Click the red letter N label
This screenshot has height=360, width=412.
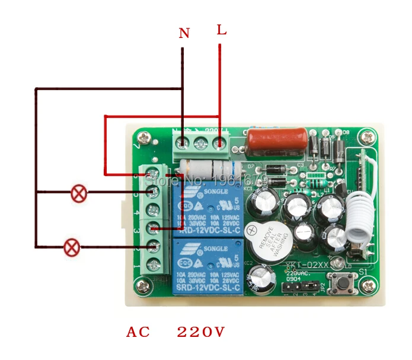(184, 34)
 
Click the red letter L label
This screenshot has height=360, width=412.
(221, 30)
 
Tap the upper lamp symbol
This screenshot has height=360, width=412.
(79, 193)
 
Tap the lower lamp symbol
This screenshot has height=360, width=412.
(72, 247)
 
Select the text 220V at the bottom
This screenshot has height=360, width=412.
(201, 332)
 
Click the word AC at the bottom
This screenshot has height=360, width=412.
(138, 332)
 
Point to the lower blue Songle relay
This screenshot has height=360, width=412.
(207, 266)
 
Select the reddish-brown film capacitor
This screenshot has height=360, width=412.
(277, 140)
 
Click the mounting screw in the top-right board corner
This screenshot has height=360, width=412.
(368, 137)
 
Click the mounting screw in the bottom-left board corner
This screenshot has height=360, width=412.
(142, 286)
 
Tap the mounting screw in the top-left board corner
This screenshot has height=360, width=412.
(142, 139)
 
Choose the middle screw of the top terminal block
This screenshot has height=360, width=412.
(202, 143)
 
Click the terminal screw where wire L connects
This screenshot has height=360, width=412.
(220, 143)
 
